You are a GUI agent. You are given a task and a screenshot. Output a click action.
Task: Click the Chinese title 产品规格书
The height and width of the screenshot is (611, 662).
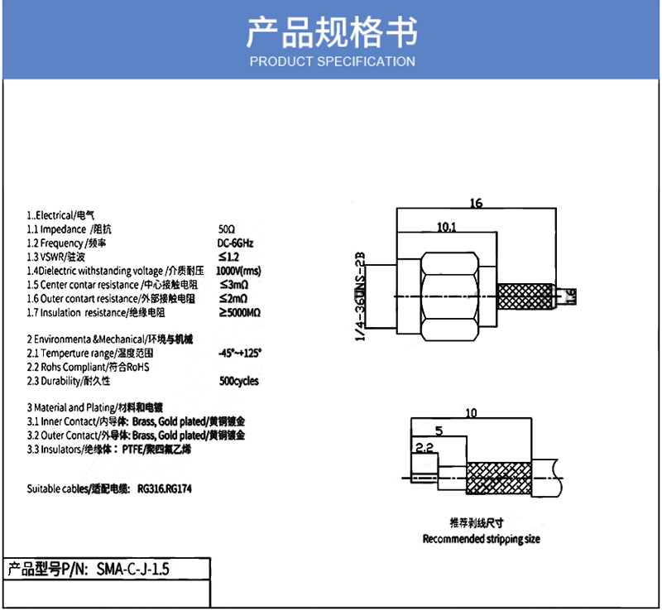pos(332,31)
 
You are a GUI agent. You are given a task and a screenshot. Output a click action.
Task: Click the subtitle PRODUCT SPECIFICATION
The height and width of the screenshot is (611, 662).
pos(332,61)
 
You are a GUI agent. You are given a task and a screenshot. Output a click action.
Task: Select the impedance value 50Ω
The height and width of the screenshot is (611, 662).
pos(227,229)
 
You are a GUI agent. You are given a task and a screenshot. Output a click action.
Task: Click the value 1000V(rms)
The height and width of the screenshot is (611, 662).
pos(238,271)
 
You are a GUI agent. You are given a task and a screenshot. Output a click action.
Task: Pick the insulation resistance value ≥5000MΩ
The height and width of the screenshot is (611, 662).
pos(240,312)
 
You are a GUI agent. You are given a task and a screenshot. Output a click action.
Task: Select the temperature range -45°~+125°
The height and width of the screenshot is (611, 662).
pos(239,353)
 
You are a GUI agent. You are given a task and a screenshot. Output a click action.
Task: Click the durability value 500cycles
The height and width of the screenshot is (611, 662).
pos(239,381)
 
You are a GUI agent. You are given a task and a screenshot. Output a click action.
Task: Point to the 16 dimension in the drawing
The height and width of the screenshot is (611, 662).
pos(475,203)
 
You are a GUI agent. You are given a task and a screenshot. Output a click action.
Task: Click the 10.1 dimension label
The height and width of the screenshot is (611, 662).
pos(446,226)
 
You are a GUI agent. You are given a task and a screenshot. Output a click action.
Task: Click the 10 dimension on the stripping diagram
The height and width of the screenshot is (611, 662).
pos(471,412)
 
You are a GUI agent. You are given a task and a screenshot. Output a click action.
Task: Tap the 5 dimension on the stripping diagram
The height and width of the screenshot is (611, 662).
pos(438,431)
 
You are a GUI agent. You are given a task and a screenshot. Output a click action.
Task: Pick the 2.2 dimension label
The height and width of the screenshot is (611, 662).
pos(424,448)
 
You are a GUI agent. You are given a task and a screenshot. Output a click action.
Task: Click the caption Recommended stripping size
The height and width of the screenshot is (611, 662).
pos(481,539)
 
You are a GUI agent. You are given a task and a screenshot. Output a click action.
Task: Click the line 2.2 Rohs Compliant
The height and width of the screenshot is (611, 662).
pos(93,367)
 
